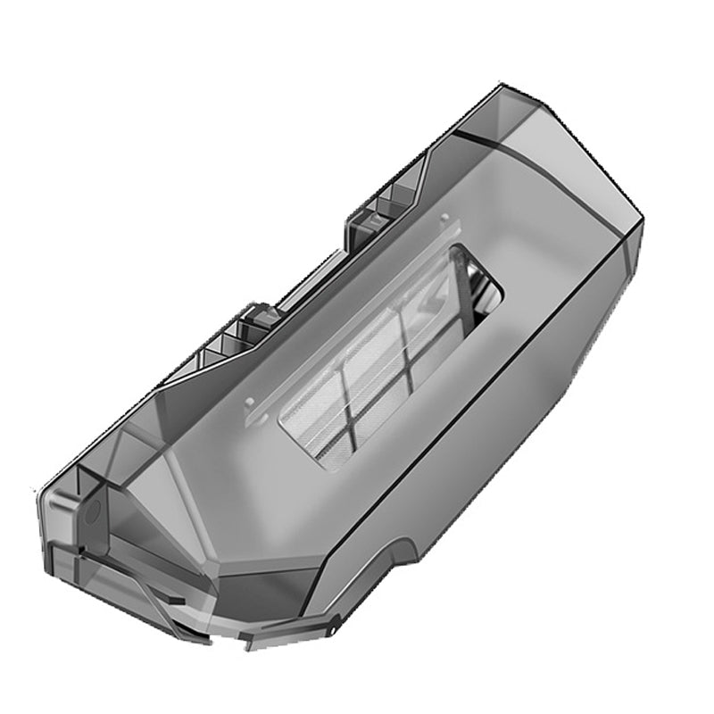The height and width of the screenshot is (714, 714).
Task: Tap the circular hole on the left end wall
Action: coord(90,512)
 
